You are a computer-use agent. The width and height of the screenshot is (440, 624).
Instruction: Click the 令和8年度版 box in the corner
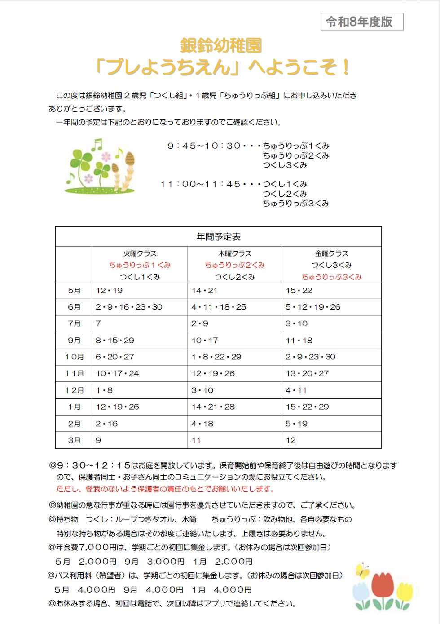click(361, 22)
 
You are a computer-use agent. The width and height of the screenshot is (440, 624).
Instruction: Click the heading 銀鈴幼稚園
click(220, 45)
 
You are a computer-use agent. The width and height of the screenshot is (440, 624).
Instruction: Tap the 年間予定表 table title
click(218, 237)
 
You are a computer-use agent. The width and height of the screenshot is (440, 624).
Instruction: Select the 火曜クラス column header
click(140, 253)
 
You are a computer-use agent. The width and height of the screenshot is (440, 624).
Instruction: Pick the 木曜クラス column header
click(234, 253)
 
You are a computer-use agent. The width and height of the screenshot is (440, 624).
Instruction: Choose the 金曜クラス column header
click(331, 253)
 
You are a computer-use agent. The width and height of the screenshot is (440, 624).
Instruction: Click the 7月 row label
click(74, 323)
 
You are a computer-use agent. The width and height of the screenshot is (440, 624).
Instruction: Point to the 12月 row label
click(74, 390)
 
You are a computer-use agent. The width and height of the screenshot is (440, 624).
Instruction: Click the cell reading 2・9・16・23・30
click(129, 307)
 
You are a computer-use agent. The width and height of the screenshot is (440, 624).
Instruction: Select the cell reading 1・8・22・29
click(216, 357)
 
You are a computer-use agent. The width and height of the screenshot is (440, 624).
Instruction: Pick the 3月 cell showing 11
click(196, 440)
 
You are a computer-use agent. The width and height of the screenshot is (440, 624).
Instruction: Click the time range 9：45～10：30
click(203, 146)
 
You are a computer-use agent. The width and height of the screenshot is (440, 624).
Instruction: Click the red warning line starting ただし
click(165, 489)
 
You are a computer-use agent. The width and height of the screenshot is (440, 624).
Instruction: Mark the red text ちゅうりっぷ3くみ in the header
click(331, 277)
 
